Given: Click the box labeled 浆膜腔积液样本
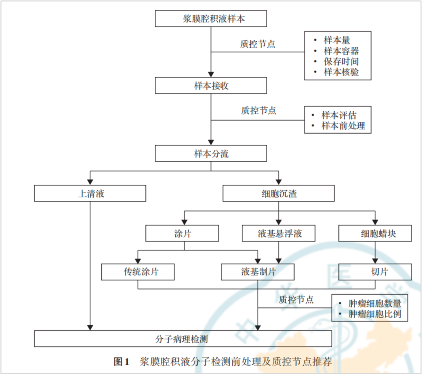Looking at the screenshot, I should click(211, 19).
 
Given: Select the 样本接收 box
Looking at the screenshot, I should click(211, 86).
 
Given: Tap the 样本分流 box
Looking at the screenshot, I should click(211, 154).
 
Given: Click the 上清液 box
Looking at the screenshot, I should click(90, 193).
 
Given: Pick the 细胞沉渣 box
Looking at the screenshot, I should click(278, 193).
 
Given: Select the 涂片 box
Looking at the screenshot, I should click(182, 234).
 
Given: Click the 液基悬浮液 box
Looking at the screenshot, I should click(278, 234).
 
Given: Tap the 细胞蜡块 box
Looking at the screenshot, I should click(375, 234).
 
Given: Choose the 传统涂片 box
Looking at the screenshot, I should click(138, 272).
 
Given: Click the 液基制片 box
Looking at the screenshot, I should click(258, 272).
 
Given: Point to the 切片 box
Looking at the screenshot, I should click(375, 272).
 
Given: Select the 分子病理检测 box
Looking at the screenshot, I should click(183, 339).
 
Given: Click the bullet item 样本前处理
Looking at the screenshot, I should click(343, 126).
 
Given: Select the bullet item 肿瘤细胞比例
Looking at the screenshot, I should click(374, 314).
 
